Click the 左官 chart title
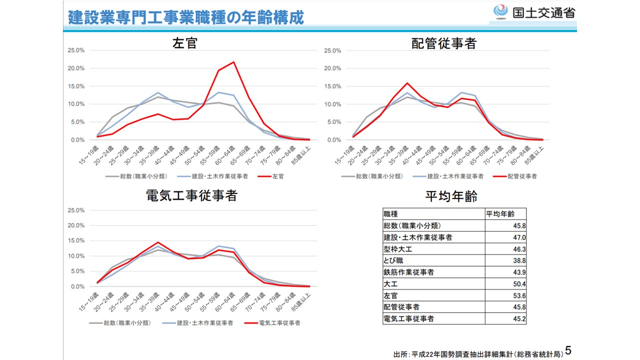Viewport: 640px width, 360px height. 185,43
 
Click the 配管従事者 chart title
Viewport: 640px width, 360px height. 443,43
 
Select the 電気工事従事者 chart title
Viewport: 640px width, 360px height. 191,195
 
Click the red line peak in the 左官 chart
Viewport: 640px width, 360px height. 233,62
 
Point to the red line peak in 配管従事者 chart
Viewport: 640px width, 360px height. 407,83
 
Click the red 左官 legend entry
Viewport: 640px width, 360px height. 272,176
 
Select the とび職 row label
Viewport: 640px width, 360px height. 393,260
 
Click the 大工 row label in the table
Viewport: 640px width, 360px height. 390,284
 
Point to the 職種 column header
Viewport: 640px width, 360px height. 391,214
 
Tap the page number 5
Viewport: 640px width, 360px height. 568,349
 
